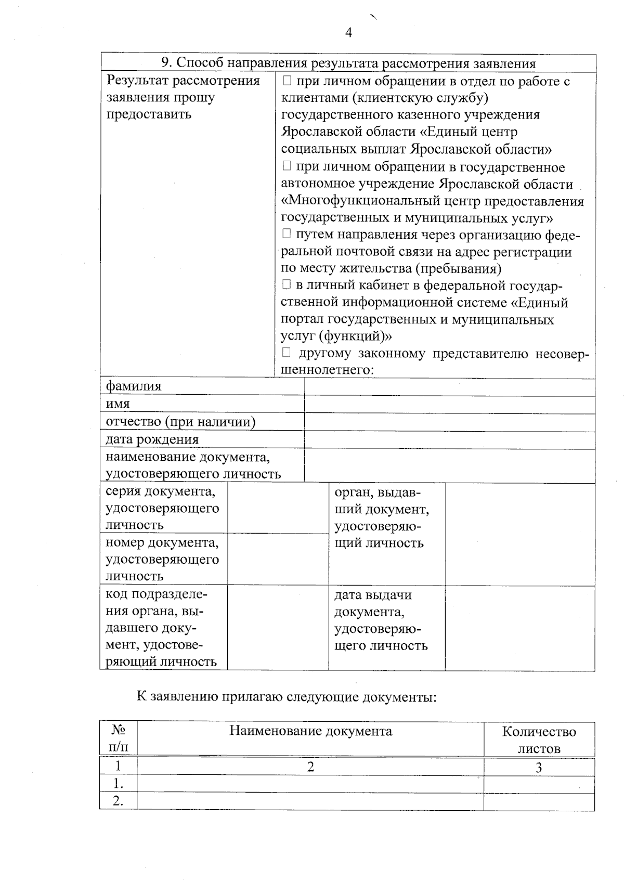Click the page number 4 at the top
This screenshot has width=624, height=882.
(348, 33)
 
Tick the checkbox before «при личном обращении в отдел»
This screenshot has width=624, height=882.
(287, 81)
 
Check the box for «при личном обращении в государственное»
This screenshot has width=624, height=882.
(287, 166)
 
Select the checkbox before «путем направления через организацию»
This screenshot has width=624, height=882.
(287, 234)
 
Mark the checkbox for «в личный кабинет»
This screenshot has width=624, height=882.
(287, 284)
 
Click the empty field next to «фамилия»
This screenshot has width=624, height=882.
(449, 387)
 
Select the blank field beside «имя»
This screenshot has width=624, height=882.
(449, 405)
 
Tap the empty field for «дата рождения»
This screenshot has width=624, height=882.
(449, 440)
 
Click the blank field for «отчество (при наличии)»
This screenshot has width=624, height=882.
(449, 422)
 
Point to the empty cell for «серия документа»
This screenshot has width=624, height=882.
(278, 508)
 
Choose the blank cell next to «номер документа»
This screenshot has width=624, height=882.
(278, 559)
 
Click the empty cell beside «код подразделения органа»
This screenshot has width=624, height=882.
(278, 628)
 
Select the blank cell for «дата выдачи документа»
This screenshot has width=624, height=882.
(519, 628)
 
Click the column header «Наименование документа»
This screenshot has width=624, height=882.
(310, 731)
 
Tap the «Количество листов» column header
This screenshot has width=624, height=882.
(539, 740)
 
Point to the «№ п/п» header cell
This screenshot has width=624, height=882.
(119, 738)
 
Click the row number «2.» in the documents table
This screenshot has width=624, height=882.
(119, 801)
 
